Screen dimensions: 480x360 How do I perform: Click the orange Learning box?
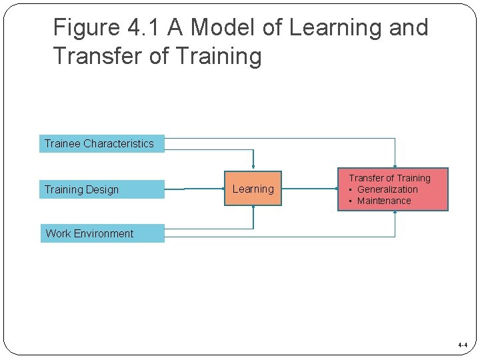[x=253, y=189]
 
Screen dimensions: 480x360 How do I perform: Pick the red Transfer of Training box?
[x=393, y=189]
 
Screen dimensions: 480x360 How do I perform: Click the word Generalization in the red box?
[x=387, y=189]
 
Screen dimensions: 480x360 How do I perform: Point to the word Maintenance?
[x=384, y=201]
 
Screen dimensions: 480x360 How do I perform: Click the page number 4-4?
[x=463, y=345]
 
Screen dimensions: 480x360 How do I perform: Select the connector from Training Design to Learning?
[x=194, y=189]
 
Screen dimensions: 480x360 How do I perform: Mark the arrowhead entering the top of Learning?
[x=253, y=168]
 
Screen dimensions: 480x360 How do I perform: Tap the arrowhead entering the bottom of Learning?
[x=253, y=207]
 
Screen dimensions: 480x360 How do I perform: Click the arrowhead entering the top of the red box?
[x=395, y=167]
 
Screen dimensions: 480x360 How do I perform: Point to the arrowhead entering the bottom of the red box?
[x=395, y=213]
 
